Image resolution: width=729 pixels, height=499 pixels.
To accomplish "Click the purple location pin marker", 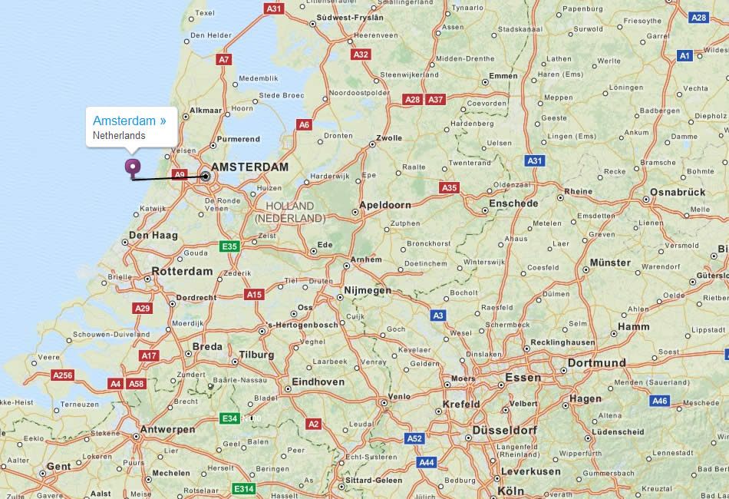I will point(134,167).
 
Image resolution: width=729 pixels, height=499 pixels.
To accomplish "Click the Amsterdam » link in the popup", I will point(129,121).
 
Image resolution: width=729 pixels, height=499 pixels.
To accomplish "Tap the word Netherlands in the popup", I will point(119,136).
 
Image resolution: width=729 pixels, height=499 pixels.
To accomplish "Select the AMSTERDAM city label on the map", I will point(249,167).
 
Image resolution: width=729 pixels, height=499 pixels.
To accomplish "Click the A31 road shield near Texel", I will point(274,8).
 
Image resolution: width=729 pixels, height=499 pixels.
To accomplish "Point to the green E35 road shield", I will point(229,246).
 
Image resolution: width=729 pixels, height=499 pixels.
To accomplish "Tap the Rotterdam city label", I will point(182,272).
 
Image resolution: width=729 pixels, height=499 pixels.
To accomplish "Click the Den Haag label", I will point(153,236).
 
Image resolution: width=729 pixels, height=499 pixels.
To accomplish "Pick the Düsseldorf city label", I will point(505,431).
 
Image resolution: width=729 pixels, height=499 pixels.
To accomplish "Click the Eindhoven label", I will point(318,382).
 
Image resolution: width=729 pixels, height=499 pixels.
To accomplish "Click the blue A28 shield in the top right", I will point(698,17).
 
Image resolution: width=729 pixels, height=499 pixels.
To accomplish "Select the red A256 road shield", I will point(62,375).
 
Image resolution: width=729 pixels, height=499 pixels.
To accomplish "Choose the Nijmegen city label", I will point(368,291).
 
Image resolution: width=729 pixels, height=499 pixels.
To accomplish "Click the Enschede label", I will point(513,203).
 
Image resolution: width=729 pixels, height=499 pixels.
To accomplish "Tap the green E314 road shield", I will point(243,489).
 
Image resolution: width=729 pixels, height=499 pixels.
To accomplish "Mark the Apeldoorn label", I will point(385,205).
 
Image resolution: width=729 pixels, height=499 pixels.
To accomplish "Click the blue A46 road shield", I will point(660,401).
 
